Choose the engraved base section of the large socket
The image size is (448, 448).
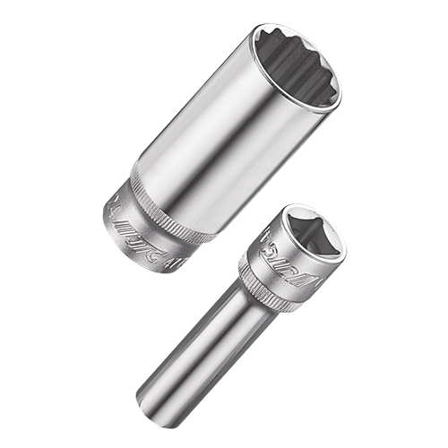click(134, 228)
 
